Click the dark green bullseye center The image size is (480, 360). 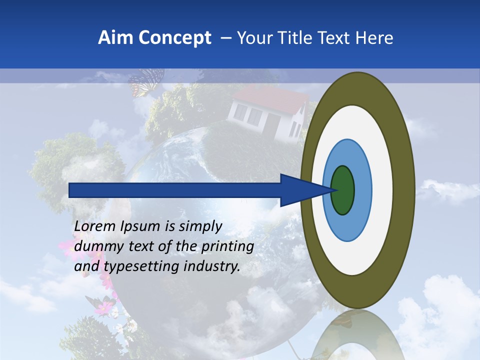(343, 190)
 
